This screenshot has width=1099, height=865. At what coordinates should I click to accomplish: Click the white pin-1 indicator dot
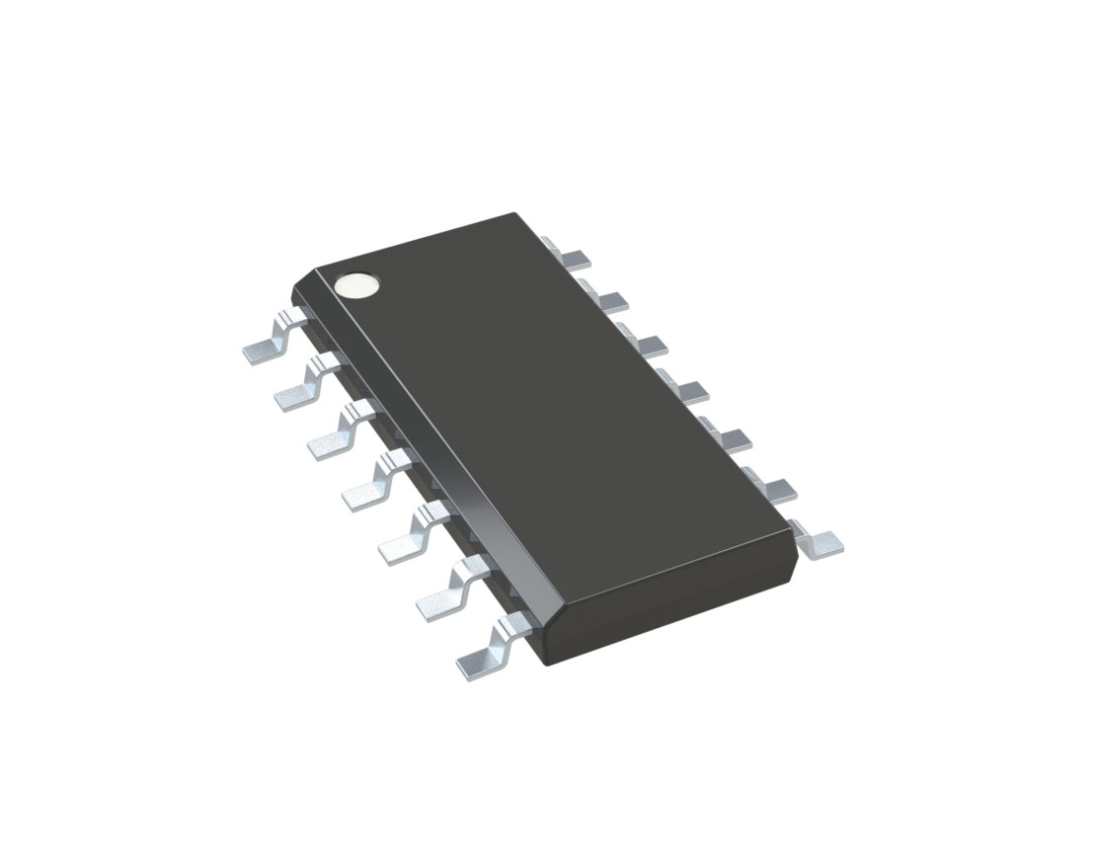356,285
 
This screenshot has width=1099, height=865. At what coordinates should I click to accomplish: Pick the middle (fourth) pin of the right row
688,391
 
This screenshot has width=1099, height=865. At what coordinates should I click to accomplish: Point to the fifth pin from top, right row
732,437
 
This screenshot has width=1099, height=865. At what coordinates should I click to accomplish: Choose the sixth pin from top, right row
775,489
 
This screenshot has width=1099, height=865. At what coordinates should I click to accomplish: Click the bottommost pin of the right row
823,542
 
